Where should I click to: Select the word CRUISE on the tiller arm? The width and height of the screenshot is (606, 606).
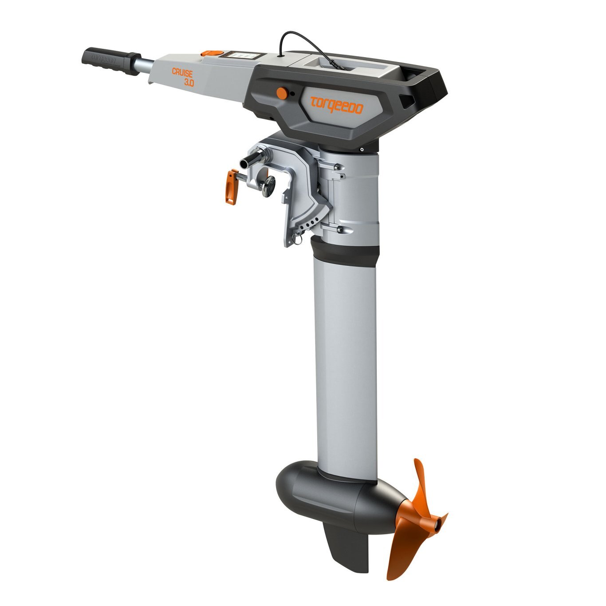click(x=182, y=73)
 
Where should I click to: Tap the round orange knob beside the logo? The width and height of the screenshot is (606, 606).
click(x=281, y=93)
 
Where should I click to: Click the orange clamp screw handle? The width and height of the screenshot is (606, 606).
click(x=231, y=187)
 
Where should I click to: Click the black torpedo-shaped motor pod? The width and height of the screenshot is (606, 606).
click(x=337, y=492)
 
